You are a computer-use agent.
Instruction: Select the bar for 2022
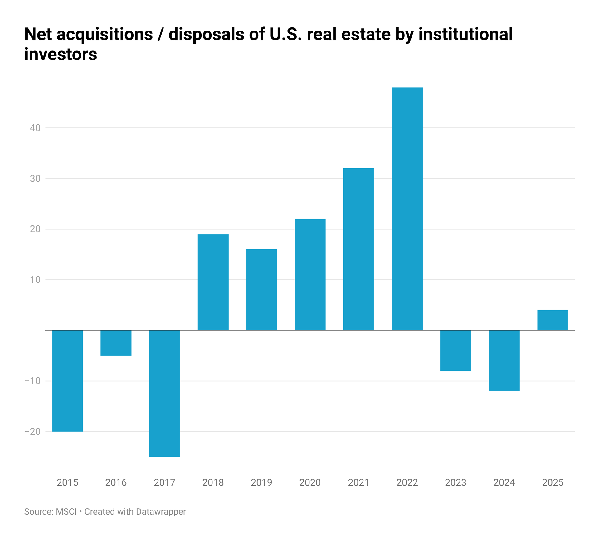pos(407,208)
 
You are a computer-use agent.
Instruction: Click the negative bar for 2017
pos(164,393)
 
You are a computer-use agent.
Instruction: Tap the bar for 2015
pos(67,381)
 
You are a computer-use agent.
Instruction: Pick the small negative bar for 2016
pos(116,343)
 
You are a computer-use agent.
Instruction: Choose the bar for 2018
pos(213,282)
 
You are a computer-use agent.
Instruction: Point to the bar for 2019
pos(261,289)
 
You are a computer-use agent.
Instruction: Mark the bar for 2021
pos(358,249)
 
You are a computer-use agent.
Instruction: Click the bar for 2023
pos(455,350)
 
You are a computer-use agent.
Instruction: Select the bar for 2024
pos(504,360)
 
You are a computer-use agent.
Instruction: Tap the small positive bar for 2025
pos(553,320)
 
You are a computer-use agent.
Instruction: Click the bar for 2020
pos(310,274)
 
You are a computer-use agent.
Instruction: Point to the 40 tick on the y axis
pos(35,128)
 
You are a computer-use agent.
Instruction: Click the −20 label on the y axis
pos(33,431)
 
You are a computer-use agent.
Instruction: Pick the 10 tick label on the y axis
pos(35,280)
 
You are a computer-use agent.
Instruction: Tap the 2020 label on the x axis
pos(310,482)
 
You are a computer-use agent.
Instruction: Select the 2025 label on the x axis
pos(553,482)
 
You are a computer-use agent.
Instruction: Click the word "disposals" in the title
pos(206,34)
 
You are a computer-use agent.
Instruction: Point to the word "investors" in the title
pos(61,54)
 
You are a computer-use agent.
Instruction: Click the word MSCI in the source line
pos(66,512)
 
